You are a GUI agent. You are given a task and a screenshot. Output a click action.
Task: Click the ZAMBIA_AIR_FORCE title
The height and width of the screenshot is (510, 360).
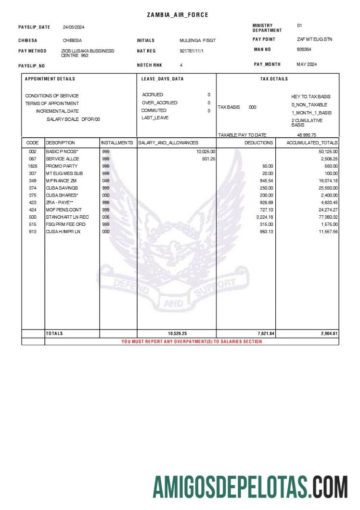[178, 15]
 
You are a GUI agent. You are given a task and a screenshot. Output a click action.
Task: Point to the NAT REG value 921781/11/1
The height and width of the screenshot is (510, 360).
[192, 51]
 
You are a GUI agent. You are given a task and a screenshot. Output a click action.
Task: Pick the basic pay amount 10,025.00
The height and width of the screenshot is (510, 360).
[206, 152]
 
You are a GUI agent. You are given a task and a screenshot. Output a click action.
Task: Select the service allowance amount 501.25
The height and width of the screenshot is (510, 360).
[208, 159]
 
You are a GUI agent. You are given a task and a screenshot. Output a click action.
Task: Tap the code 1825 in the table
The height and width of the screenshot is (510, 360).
[32, 166]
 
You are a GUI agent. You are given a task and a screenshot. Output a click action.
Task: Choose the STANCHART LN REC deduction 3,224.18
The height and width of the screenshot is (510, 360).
[265, 217]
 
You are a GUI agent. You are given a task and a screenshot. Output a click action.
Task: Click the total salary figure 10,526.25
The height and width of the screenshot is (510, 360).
[177, 333]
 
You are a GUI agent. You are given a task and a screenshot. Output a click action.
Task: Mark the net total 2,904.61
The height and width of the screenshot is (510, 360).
[329, 333]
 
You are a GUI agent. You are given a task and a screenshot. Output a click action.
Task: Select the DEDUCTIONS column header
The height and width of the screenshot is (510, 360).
[258, 143]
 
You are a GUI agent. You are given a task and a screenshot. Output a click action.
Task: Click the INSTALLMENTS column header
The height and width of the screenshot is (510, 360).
[117, 143]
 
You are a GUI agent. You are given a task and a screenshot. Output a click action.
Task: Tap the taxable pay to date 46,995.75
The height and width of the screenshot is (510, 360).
[307, 135]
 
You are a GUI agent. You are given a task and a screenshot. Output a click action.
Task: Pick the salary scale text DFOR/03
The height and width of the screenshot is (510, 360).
[90, 118]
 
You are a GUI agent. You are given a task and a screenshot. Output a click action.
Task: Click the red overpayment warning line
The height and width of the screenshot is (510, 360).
[192, 341]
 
